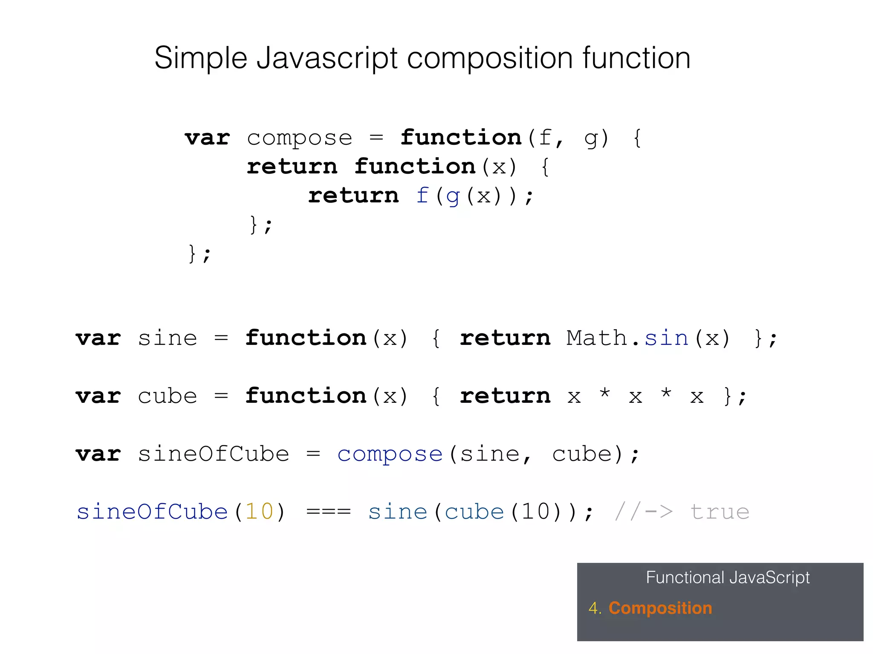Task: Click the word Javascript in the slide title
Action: pos(327,58)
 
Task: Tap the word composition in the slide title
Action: pos(489,58)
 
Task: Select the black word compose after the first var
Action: pos(299,138)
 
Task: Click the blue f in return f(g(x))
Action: pos(422,195)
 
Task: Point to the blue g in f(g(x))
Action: pos(453,197)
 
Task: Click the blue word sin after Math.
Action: pos(666,338)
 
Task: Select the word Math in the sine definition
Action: pos(596,338)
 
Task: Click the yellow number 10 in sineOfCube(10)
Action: pos(259,511)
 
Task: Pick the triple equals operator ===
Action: pos(329,511)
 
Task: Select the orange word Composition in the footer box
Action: pos(660,608)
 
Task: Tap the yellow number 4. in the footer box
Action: pos(595,608)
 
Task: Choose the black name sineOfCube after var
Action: pos(213,454)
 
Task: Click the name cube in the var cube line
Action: pos(167,397)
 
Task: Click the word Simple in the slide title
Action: pos(200,58)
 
